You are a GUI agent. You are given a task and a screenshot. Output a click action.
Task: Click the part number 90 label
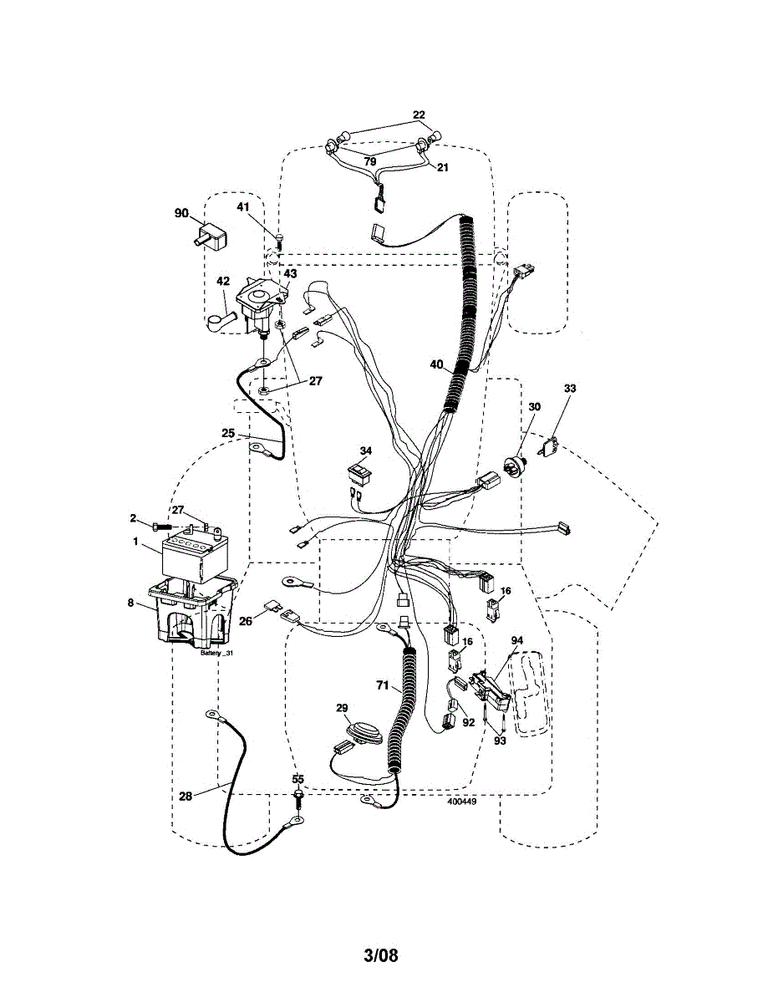tap(181, 213)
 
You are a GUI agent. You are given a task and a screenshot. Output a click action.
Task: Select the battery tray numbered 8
tap(192, 614)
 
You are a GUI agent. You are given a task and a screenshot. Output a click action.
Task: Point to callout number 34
tap(365, 451)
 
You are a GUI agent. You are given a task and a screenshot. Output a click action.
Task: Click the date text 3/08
tap(381, 955)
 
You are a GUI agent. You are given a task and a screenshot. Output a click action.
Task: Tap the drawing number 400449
tap(461, 800)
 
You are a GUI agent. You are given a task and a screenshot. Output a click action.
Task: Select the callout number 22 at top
tap(419, 115)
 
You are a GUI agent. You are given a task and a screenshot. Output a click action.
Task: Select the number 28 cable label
tap(186, 796)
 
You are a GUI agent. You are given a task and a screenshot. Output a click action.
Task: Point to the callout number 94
tap(517, 640)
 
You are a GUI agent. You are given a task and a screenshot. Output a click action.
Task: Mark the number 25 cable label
tap(228, 433)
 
